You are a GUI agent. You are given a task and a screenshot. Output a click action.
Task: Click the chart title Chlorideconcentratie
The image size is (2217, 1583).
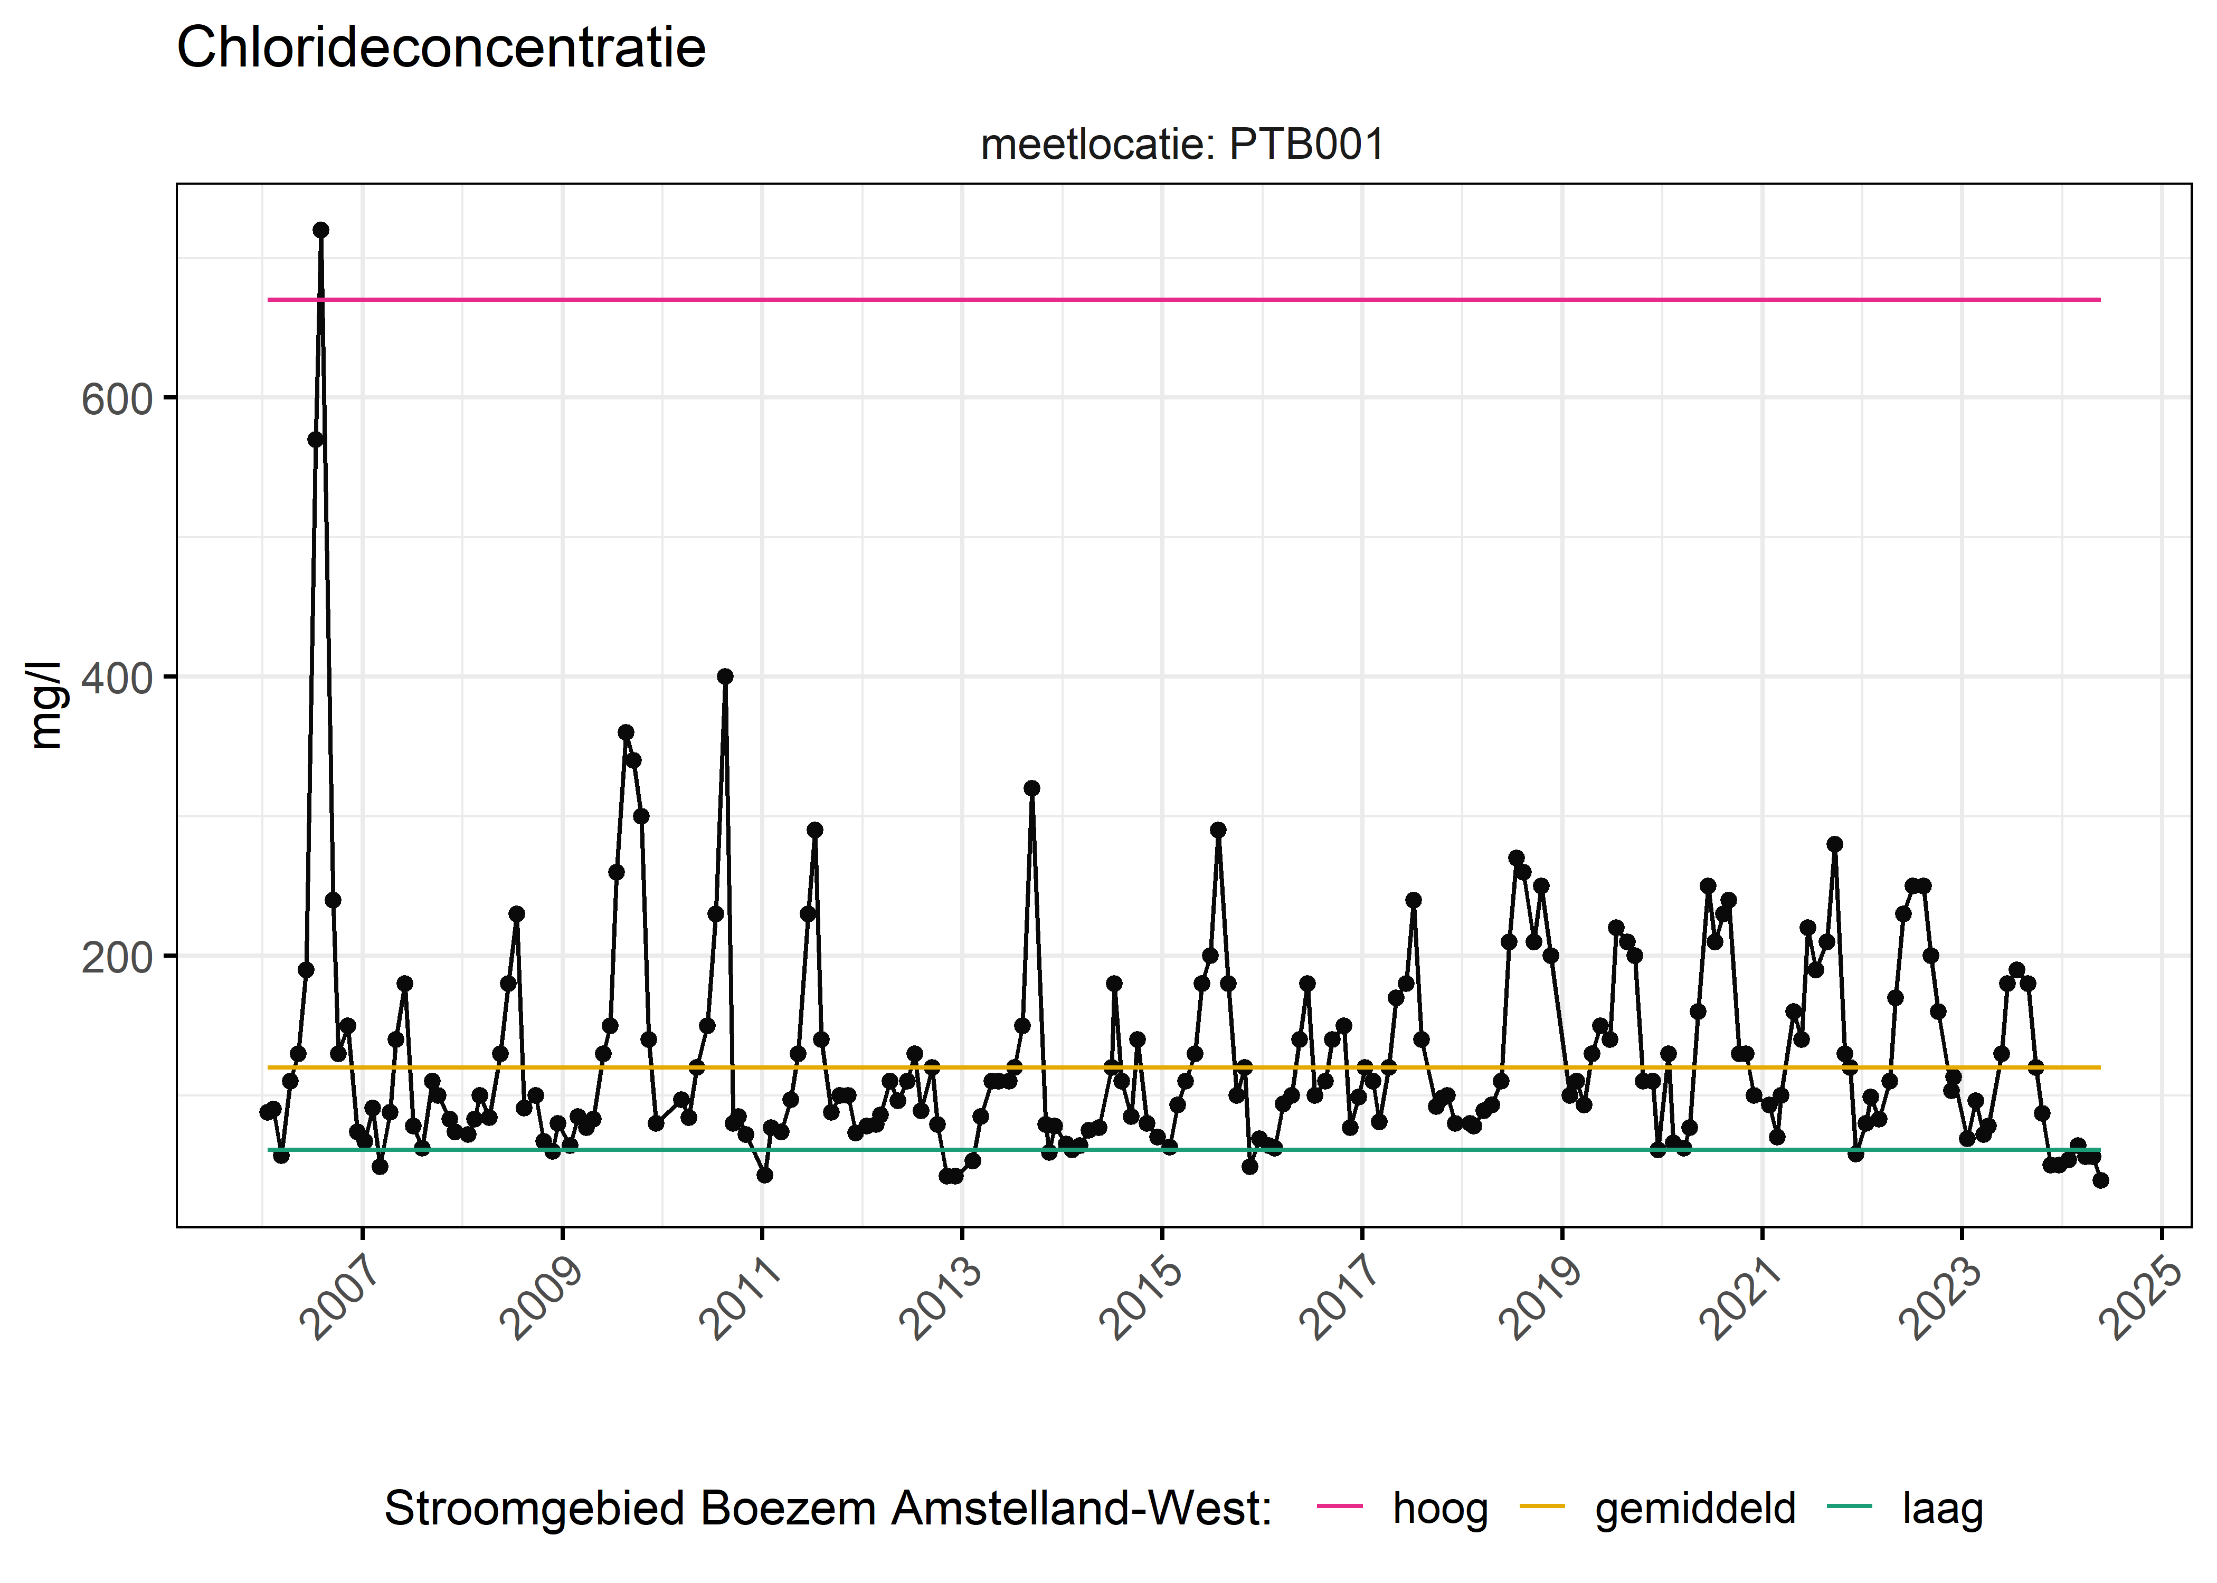441,49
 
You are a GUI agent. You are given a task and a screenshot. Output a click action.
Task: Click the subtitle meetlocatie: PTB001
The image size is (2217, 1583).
1182,145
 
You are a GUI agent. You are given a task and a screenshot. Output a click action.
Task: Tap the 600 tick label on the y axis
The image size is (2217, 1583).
117,399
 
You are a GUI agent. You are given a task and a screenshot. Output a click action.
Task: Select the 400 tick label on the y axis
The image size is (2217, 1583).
117,679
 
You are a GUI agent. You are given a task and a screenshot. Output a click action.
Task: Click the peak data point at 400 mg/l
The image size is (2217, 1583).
724,676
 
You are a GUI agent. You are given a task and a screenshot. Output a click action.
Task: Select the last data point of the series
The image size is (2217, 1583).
2100,1180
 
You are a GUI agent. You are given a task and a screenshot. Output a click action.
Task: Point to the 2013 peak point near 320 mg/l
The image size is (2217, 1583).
1031,788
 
